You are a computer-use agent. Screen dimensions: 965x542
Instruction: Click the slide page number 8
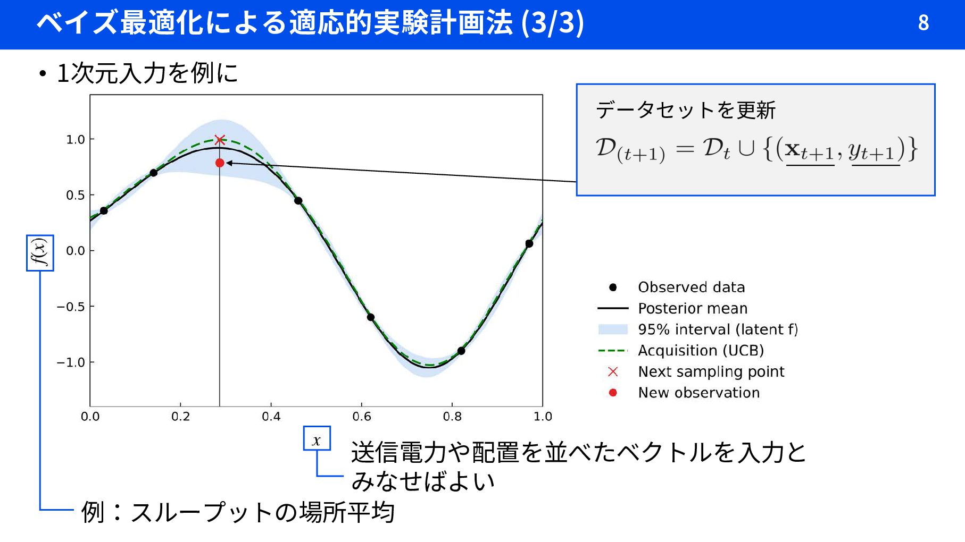tap(924, 22)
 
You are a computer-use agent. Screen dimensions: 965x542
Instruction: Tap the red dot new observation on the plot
tap(220, 163)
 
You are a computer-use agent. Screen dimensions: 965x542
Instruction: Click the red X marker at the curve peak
tap(220, 140)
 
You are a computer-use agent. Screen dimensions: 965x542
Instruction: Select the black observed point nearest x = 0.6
tap(371, 317)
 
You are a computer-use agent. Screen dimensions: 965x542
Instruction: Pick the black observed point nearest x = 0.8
tap(461, 351)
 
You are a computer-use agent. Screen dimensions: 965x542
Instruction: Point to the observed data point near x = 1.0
tap(529, 244)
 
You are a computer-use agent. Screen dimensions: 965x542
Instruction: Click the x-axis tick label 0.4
tap(271, 417)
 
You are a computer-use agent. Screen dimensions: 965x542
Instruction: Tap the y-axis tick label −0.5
tap(71, 307)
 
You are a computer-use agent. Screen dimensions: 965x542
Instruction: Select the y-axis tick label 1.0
tap(76, 139)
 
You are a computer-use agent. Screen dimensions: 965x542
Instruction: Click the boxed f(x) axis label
tap(40, 253)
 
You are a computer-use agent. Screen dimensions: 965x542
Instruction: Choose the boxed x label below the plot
tap(317, 438)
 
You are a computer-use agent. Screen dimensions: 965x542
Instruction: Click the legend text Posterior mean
tap(693, 308)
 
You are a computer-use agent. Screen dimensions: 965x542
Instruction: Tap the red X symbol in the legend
tap(613, 371)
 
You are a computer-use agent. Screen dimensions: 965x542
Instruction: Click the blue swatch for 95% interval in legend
tap(613, 329)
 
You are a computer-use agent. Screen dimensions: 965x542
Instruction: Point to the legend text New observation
tap(699, 393)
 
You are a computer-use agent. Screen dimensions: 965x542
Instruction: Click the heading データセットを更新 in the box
tap(686, 110)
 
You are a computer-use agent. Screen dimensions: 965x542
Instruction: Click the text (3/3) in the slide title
tap(553, 23)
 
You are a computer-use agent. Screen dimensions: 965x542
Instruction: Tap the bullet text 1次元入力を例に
tap(147, 73)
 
